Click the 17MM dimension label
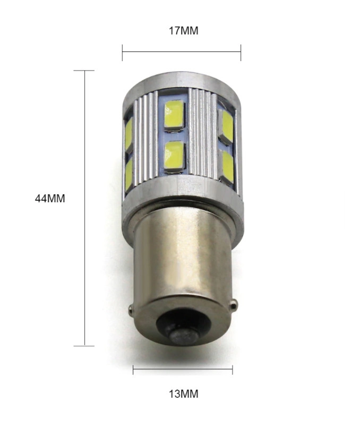pos(183,31)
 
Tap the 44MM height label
pos(50,199)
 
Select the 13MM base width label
pos(184,394)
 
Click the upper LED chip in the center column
pos(174,115)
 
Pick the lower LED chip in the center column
pos(175,157)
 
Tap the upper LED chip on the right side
pos(226,126)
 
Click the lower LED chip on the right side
pos(227,168)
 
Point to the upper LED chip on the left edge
pos(128,135)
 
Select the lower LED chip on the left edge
pos(129,175)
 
